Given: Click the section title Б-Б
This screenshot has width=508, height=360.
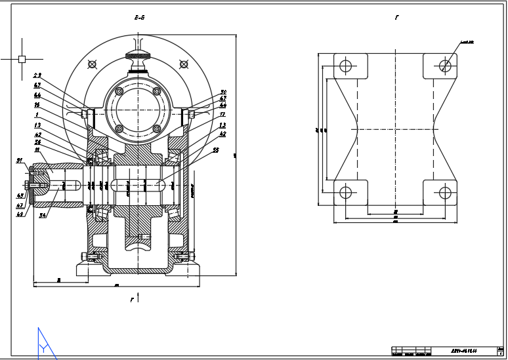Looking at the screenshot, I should click(139, 18).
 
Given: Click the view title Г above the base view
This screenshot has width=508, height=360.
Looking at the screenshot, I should click(396, 18).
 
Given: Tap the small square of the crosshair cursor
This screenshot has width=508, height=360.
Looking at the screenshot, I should click(22, 59).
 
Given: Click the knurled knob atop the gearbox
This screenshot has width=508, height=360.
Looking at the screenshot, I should click(138, 55).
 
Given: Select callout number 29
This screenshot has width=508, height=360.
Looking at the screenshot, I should click(37, 76).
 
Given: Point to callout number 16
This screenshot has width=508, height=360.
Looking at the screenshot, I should click(37, 104).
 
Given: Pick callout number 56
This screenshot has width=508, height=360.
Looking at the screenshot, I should click(37, 142).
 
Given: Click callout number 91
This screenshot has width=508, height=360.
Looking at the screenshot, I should click(20, 160).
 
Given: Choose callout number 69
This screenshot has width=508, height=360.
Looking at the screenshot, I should click(20, 214).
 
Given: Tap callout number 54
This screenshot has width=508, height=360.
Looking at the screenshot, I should click(42, 214).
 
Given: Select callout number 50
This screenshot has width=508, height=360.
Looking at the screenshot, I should click(223, 92).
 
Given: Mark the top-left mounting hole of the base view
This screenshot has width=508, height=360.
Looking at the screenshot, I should click(345, 65).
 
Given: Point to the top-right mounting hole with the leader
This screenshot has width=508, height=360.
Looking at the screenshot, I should click(445, 65).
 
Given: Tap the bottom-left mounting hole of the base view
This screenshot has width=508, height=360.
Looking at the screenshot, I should click(345, 192).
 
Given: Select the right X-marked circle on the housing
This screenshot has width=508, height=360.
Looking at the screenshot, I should click(182, 64).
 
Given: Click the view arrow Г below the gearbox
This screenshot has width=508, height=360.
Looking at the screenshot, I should click(132, 300).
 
